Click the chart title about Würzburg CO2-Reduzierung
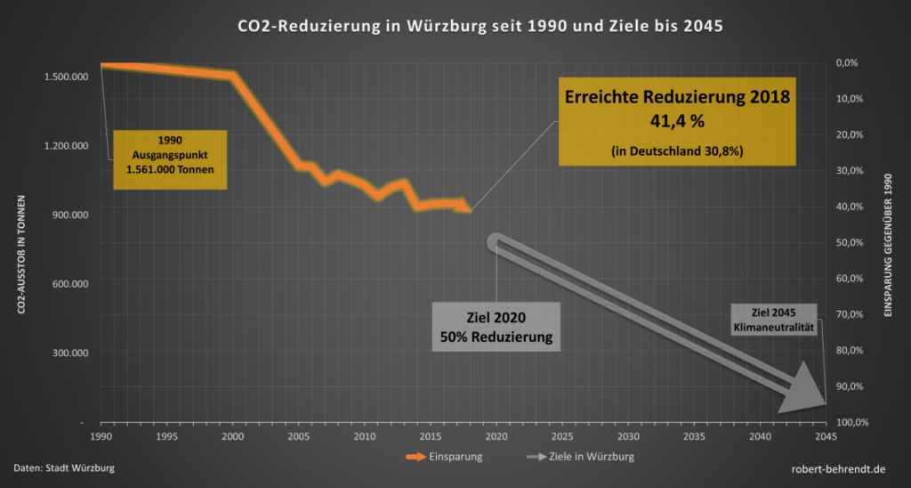455,26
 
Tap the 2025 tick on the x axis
562,436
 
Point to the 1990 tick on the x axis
101,436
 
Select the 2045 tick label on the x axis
826,436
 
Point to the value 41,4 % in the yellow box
673,118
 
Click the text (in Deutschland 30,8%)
673,151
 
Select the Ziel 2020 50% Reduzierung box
496,327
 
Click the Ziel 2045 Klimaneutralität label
770,320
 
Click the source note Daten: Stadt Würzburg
64,468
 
